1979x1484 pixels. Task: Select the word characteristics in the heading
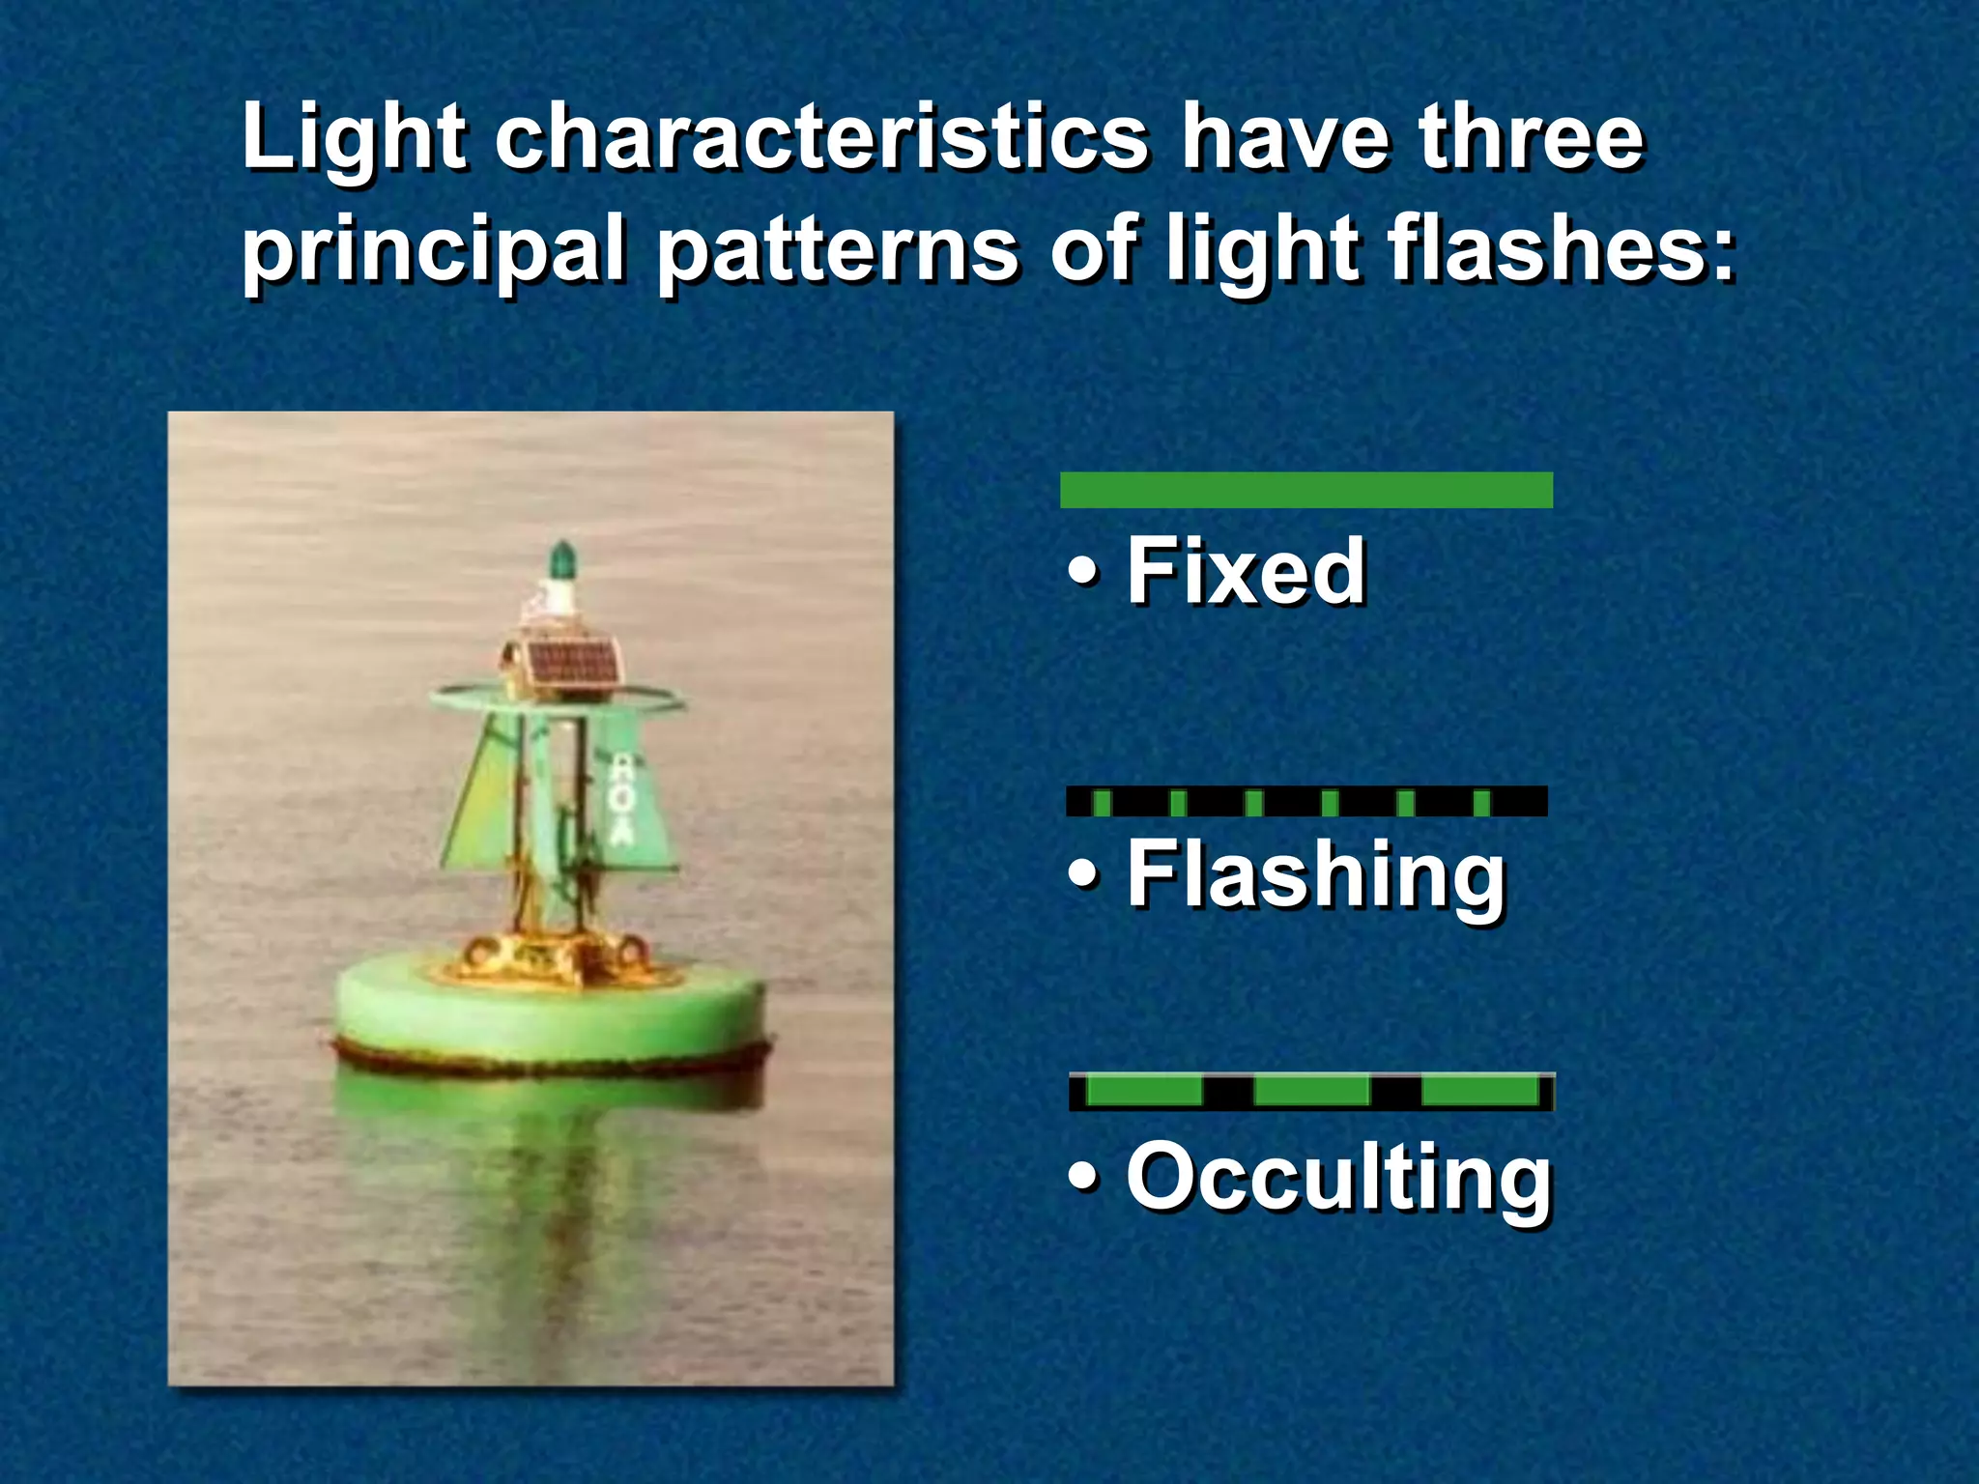coord(821,138)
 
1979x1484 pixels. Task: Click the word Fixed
coord(1246,571)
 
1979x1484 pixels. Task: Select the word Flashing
coord(1316,875)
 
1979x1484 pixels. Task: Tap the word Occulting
coord(1338,1177)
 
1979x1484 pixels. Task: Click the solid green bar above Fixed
coord(1305,490)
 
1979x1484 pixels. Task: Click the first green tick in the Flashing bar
coord(1102,803)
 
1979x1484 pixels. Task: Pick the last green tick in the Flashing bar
coord(1482,803)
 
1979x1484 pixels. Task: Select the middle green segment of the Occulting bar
coord(1311,1092)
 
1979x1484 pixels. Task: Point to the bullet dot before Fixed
coord(1083,572)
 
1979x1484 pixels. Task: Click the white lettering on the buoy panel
coord(623,798)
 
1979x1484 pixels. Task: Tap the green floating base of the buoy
coord(551,1014)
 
